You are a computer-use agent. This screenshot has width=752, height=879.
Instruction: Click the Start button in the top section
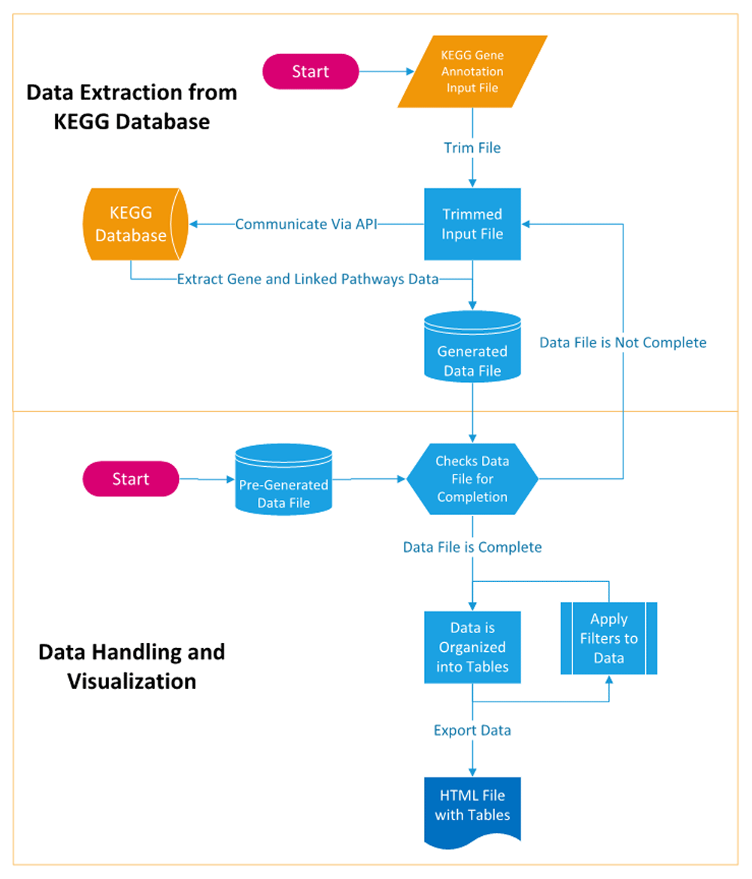(310, 71)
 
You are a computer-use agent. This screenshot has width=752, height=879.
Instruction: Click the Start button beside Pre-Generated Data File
(131, 479)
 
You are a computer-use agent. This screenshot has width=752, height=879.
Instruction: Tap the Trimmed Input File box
(472, 224)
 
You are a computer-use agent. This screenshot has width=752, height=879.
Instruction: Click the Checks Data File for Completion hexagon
(472, 478)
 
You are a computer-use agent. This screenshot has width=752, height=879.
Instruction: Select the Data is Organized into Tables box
(472, 647)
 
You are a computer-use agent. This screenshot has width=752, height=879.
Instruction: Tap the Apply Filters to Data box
(609, 638)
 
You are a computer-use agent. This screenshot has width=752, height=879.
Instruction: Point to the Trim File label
(472, 148)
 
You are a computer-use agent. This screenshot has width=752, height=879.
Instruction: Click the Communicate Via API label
(305, 224)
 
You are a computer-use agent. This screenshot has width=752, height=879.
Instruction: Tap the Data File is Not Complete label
(623, 342)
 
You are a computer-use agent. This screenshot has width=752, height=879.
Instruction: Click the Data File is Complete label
(472, 547)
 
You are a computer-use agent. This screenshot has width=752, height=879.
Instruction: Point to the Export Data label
(472, 730)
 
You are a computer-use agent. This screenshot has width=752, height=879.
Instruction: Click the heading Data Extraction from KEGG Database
(132, 106)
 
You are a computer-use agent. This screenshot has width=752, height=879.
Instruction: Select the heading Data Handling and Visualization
(132, 666)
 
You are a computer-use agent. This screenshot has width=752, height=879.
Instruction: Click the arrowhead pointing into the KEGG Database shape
(193, 224)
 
